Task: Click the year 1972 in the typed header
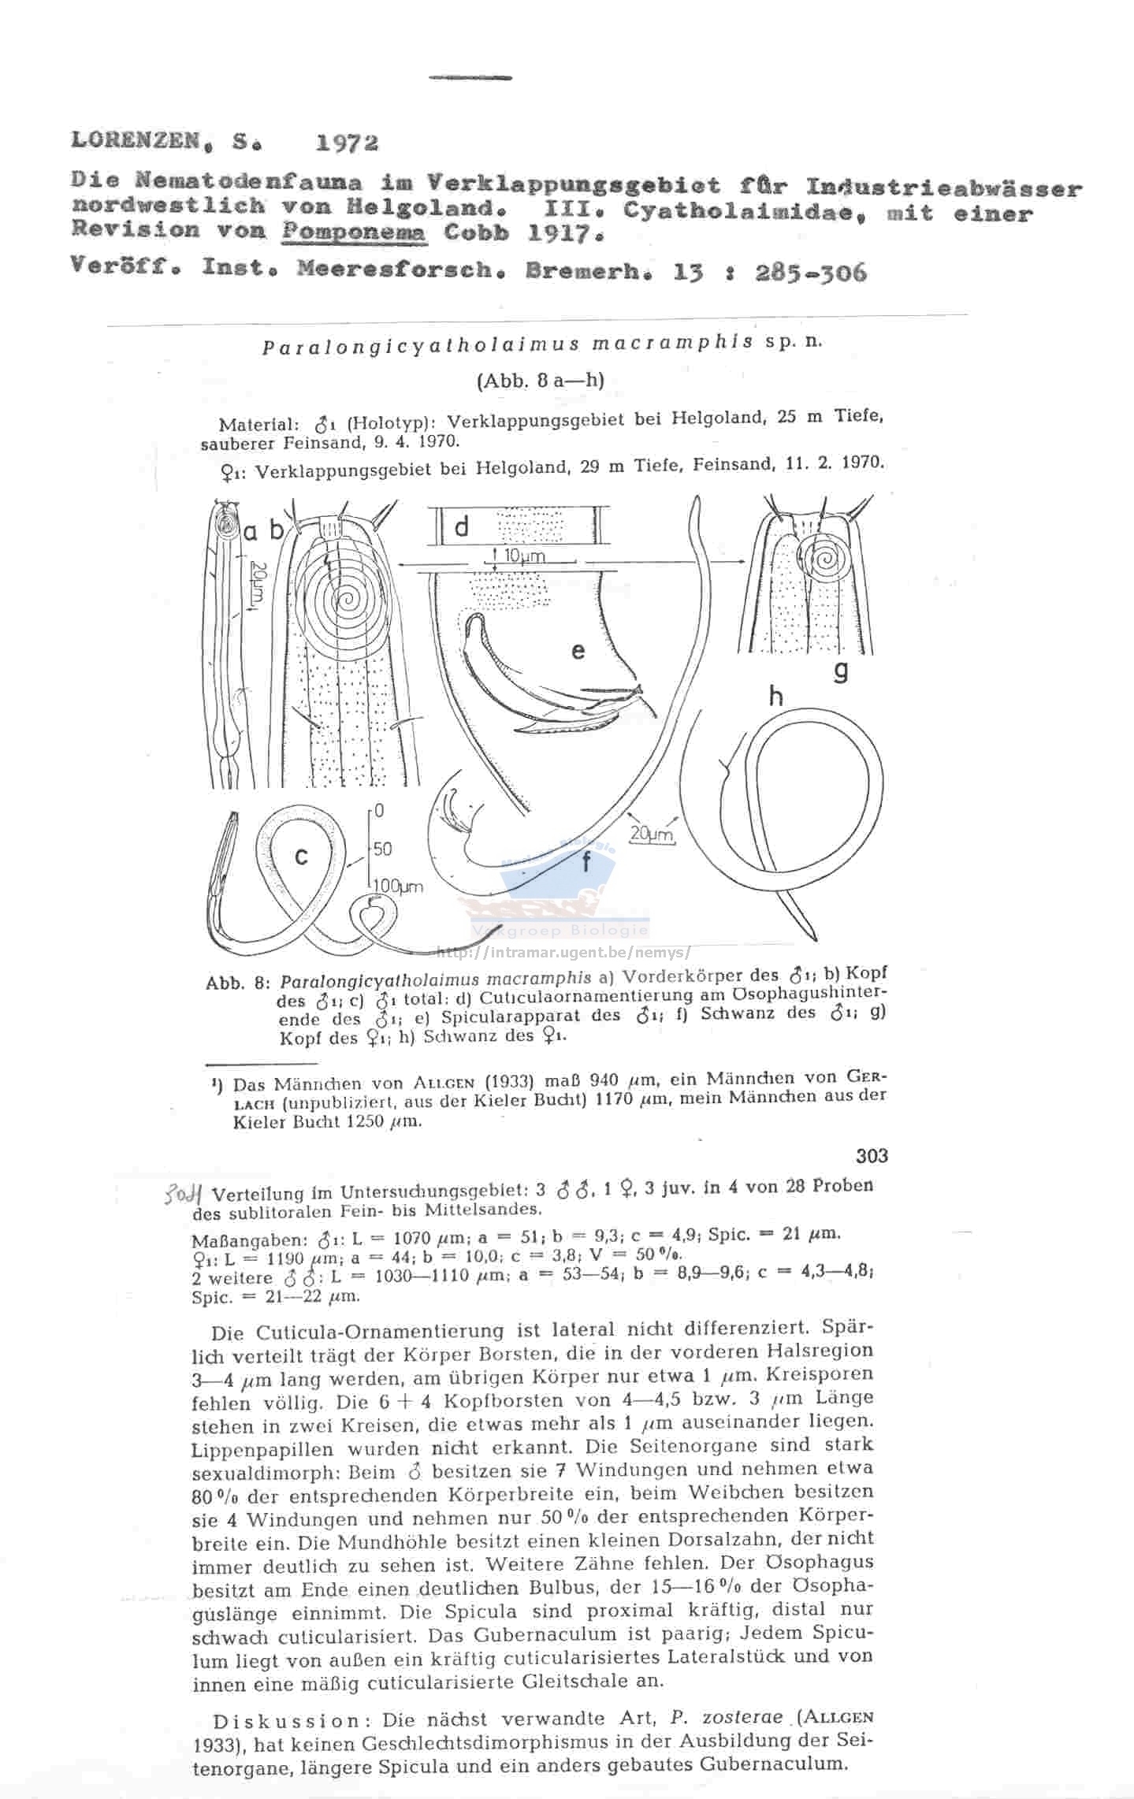pos(347,143)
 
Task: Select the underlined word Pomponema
pos(354,232)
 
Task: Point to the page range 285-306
pos(811,273)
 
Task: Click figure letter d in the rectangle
pos(462,527)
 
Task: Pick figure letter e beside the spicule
pos(578,651)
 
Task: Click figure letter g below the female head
pos(841,671)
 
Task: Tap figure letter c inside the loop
pos(301,857)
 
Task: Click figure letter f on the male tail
pos(586,864)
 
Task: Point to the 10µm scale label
pos(523,556)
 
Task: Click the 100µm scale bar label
pos(398,887)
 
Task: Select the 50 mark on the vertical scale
pos(383,849)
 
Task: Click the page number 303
pos(872,1156)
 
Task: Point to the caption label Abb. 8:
pos(238,983)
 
